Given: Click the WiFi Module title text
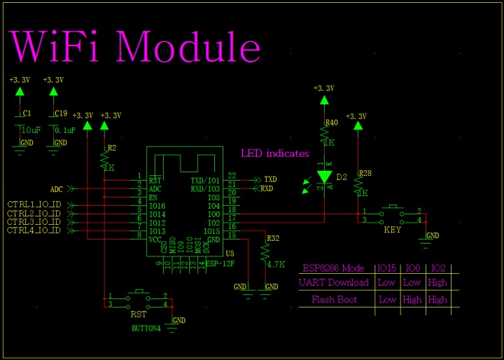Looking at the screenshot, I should (135, 47).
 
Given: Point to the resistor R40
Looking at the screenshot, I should (324, 134).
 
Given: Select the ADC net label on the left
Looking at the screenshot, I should (57, 189).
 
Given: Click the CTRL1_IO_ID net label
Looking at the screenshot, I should (34, 205).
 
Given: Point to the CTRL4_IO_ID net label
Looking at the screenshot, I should (34, 230).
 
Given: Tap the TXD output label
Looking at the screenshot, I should (269, 180).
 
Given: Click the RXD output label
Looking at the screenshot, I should (267, 188).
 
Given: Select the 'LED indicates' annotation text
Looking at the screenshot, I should (274, 153).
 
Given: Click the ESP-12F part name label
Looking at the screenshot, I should (220, 263).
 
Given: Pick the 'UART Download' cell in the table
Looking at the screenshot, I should (334, 283).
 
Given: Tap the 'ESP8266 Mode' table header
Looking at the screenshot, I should (333, 268).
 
